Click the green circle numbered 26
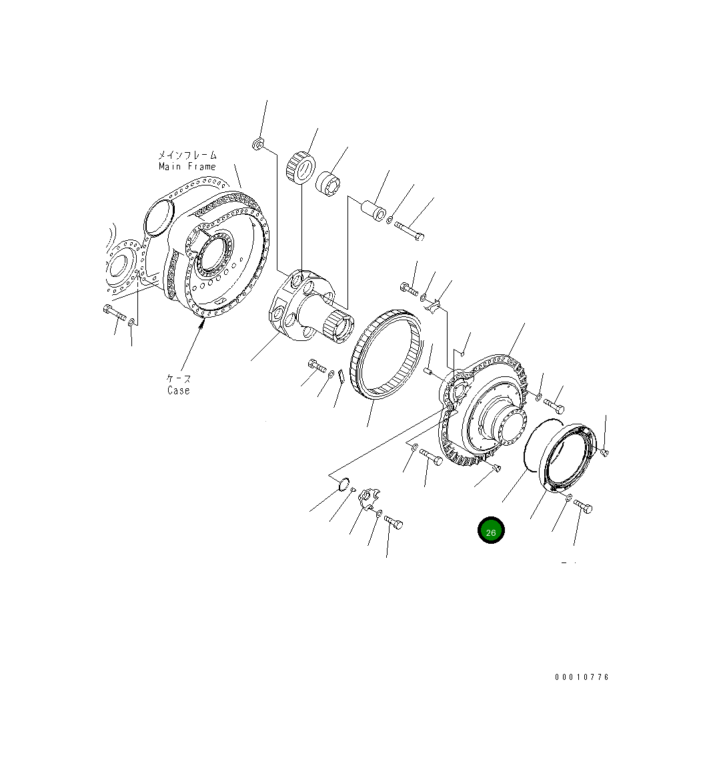tap(491, 530)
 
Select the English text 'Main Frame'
tap(187, 166)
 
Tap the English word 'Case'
tap(179, 390)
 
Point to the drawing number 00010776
tap(582, 677)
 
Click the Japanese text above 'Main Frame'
tap(187, 155)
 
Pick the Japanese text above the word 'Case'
tap(179, 378)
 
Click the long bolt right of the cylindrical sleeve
tap(409, 231)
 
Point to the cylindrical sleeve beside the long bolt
tap(373, 209)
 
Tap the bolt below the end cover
tap(582, 507)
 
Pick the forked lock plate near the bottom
tap(368, 498)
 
